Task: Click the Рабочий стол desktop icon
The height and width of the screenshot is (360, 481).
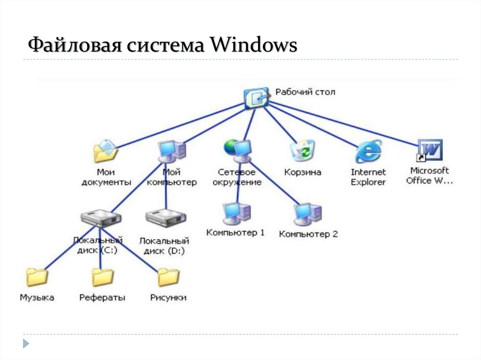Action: (x=256, y=99)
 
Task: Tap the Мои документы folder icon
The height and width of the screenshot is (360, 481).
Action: (x=106, y=151)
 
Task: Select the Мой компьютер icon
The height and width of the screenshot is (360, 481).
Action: (x=172, y=152)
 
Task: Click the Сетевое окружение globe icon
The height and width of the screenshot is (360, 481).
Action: (x=238, y=151)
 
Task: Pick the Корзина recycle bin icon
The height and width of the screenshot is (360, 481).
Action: (x=303, y=150)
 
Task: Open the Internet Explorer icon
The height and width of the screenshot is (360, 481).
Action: (x=368, y=151)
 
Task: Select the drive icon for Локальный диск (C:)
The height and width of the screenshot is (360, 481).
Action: (x=101, y=218)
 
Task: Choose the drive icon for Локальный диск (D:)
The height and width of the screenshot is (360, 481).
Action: (x=166, y=218)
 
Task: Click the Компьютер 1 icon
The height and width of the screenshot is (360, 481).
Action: (x=237, y=214)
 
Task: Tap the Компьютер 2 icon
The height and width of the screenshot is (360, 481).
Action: (x=308, y=214)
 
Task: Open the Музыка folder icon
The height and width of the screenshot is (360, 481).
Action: (x=37, y=277)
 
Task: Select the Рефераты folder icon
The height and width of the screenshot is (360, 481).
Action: (x=102, y=277)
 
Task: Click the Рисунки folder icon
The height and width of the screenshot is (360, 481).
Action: (x=169, y=277)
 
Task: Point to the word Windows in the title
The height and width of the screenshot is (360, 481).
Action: (x=253, y=45)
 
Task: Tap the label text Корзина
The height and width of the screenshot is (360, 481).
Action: (x=303, y=172)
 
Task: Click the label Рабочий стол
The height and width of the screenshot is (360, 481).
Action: (x=305, y=92)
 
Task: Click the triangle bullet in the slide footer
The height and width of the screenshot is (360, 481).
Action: (x=26, y=344)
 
